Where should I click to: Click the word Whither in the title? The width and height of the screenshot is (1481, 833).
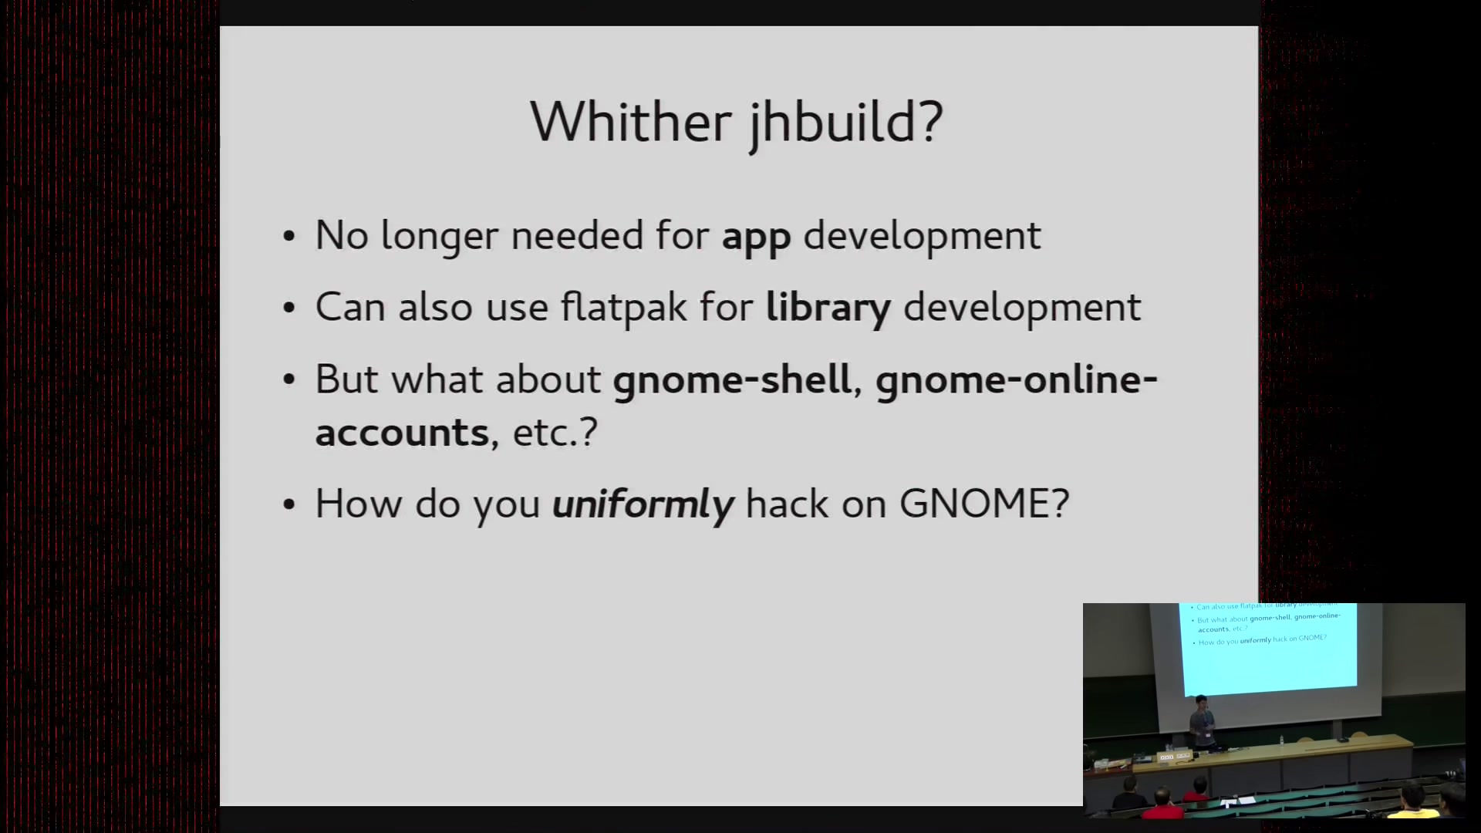click(x=631, y=122)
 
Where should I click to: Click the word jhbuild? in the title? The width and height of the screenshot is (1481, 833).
click(x=846, y=123)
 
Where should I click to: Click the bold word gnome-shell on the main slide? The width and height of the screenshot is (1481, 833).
click(x=732, y=379)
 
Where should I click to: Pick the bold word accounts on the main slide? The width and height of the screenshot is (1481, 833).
click(x=402, y=432)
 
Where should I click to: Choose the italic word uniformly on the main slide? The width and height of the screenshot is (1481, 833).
click(x=643, y=505)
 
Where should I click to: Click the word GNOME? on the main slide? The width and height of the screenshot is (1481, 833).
click(x=984, y=504)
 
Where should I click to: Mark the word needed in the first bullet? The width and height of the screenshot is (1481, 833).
click(x=577, y=235)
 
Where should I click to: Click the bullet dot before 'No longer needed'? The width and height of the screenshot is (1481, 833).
click(x=289, y=236)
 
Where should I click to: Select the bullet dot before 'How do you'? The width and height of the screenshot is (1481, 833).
click(x=289, y=504)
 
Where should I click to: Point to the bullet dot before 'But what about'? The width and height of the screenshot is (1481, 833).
click(x=289, y=379)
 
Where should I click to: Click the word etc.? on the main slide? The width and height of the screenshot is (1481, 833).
click(x=555, y=432)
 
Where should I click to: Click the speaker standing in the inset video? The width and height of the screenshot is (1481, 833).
click(x=1201, y=722)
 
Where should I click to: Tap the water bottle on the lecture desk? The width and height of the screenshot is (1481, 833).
click(x=1281, y=740)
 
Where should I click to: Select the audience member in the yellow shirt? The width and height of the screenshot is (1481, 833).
click(x=1413, y=802)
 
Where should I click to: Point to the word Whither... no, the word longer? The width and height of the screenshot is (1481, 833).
click(x=440, y=237)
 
